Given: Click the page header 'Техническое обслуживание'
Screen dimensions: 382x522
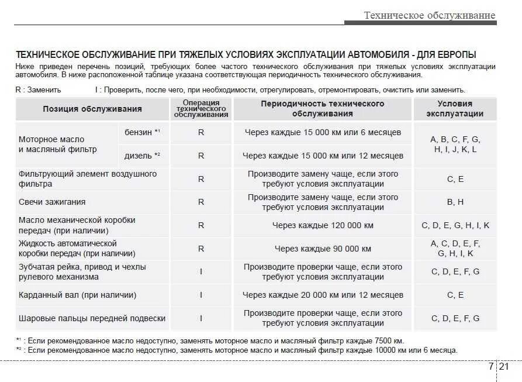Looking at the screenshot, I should coord(429,15).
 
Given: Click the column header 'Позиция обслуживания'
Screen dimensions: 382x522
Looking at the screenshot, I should coord(92,109).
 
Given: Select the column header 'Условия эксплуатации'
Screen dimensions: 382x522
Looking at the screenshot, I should coord(455,109).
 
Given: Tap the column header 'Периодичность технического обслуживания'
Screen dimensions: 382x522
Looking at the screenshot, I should coord(323,109).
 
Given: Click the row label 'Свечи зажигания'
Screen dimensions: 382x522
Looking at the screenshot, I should coord(52,202).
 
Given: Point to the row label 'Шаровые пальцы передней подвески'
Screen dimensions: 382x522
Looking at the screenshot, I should coord(92,318).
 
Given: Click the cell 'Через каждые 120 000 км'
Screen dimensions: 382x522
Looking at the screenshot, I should coord(323,225).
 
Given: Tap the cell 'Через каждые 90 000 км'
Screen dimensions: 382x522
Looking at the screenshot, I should coord(323,249).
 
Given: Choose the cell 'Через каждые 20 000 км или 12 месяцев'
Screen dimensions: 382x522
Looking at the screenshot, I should coord(323,295).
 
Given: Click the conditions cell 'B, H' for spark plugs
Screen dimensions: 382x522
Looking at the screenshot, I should coord(455,202).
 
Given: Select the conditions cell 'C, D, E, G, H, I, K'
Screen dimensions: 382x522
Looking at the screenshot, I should coord(455,225).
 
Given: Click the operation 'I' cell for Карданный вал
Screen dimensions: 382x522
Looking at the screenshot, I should coord(201,295).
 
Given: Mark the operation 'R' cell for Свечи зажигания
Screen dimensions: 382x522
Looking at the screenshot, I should coord(201,202).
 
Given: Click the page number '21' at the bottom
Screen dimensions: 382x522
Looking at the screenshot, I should coord(504,367).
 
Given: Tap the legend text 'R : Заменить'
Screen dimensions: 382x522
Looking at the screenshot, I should coord(38,90).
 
